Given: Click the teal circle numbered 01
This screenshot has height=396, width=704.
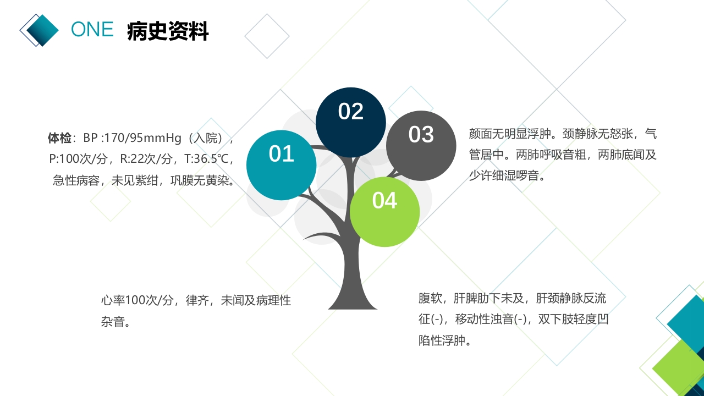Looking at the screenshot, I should pos(281,165).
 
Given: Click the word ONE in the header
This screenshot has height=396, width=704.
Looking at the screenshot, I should pos(92,30).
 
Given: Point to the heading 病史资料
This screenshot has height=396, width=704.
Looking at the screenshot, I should pos(168,31).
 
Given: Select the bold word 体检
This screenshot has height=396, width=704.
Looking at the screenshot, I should pos(59,137).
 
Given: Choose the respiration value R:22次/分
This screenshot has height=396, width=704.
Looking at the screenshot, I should pos(145,159).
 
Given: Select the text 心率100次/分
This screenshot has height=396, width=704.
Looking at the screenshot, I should pos(137,301).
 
